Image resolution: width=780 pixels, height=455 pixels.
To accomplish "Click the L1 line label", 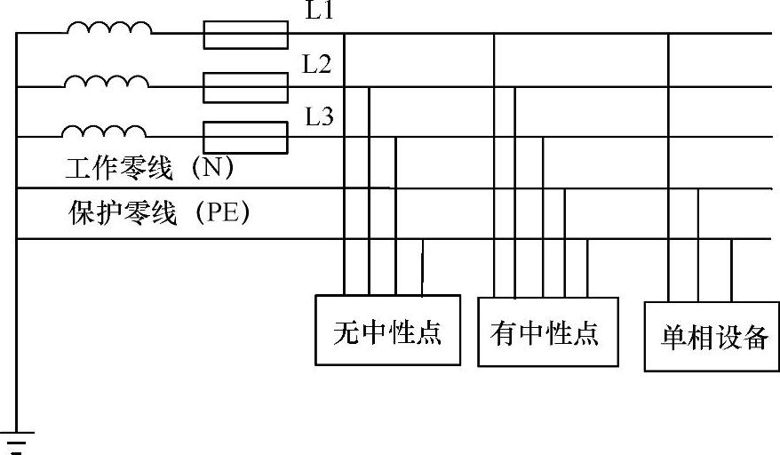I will tap(318, 12).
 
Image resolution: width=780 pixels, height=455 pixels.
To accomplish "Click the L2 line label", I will tap(318, 64).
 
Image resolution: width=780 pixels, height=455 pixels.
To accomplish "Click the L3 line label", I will tap(318, 116).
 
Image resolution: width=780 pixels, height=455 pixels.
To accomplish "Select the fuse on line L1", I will tap(245, 35).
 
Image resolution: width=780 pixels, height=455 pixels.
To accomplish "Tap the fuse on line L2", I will tap(245, 87).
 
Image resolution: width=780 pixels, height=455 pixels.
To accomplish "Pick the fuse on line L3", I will tap(245, 138).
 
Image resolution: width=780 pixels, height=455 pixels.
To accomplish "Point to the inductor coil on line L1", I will tap(108, 30).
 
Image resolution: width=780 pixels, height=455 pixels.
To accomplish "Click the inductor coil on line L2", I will tap(107, 82).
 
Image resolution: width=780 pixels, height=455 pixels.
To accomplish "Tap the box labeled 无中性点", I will tap(387, 330).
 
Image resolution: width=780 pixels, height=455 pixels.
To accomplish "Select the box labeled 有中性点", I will tap(545, 331).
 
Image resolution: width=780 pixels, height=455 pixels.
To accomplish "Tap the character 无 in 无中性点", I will tap(346, 332).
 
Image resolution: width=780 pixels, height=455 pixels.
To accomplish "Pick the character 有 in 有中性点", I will tap(503, 332).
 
